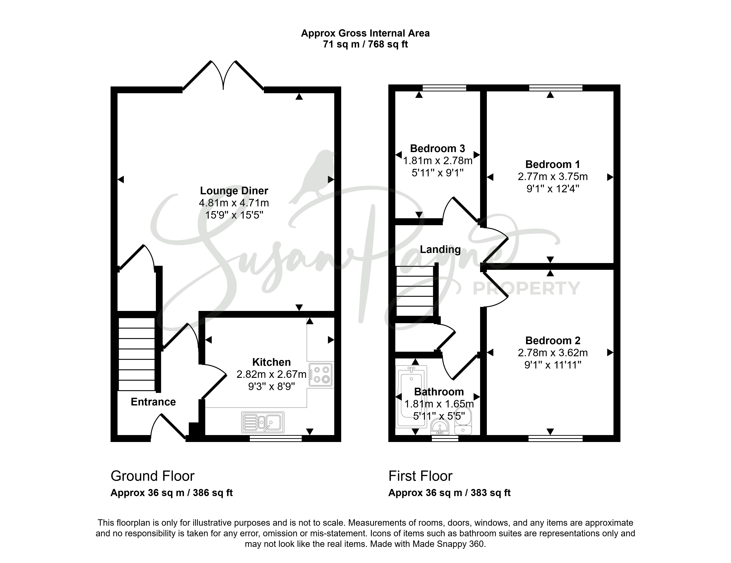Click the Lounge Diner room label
(x=234, y=191)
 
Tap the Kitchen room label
(x=271, y=362)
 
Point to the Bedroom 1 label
(x=553, y=164)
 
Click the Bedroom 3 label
(x=438, y=148)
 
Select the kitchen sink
(x=263, y=422)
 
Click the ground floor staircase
(x=137, y=354)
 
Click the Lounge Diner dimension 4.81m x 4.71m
(x=234, y=203)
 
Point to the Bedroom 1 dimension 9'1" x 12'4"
(x=553, y=189)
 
